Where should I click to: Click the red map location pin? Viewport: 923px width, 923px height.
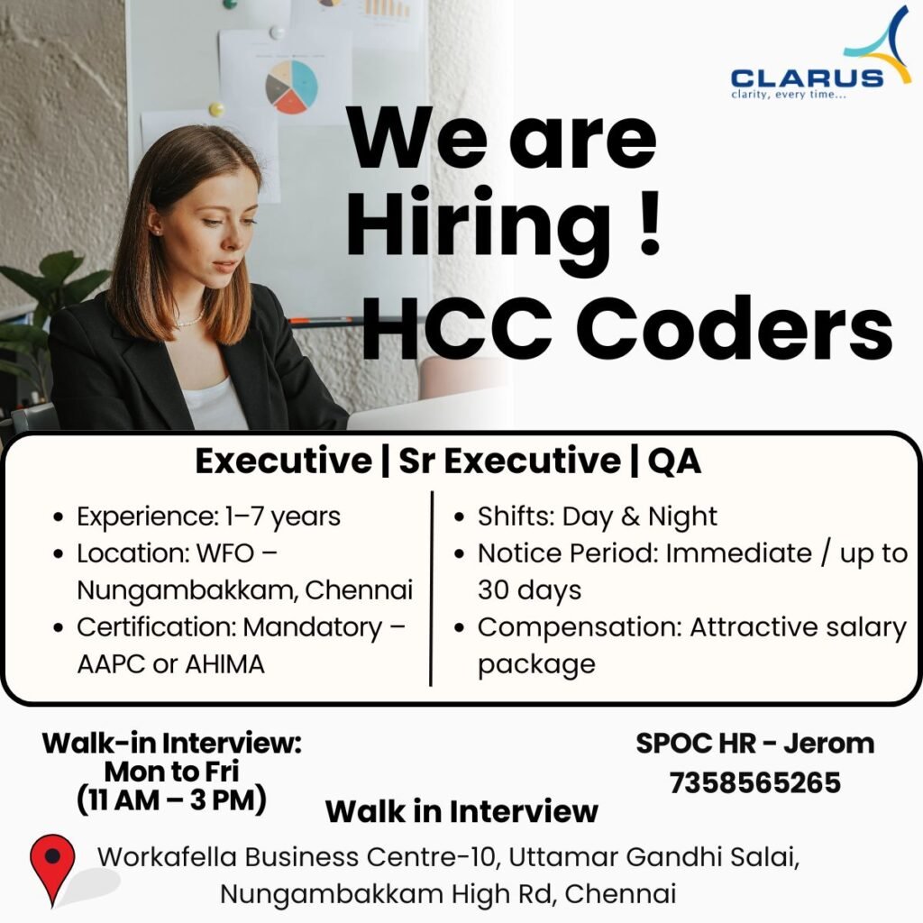pos(52,867)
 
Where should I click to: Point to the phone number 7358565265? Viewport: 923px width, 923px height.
pos(754,782)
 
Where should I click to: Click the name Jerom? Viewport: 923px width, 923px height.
pos(828,744)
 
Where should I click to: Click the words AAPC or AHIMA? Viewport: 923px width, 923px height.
pos(170,664)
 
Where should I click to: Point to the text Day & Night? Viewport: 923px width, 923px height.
pos(640,516)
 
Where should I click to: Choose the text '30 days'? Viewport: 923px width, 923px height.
pos(529,590)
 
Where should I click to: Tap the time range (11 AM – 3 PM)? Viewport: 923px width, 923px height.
pos(171,800)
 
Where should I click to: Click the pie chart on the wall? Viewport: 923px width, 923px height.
pos(291,87)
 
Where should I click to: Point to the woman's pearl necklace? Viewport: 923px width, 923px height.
pos(188,319)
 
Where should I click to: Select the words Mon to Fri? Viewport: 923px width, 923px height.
pos(171,772)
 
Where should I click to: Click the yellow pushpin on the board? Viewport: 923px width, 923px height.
pos(216,110)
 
